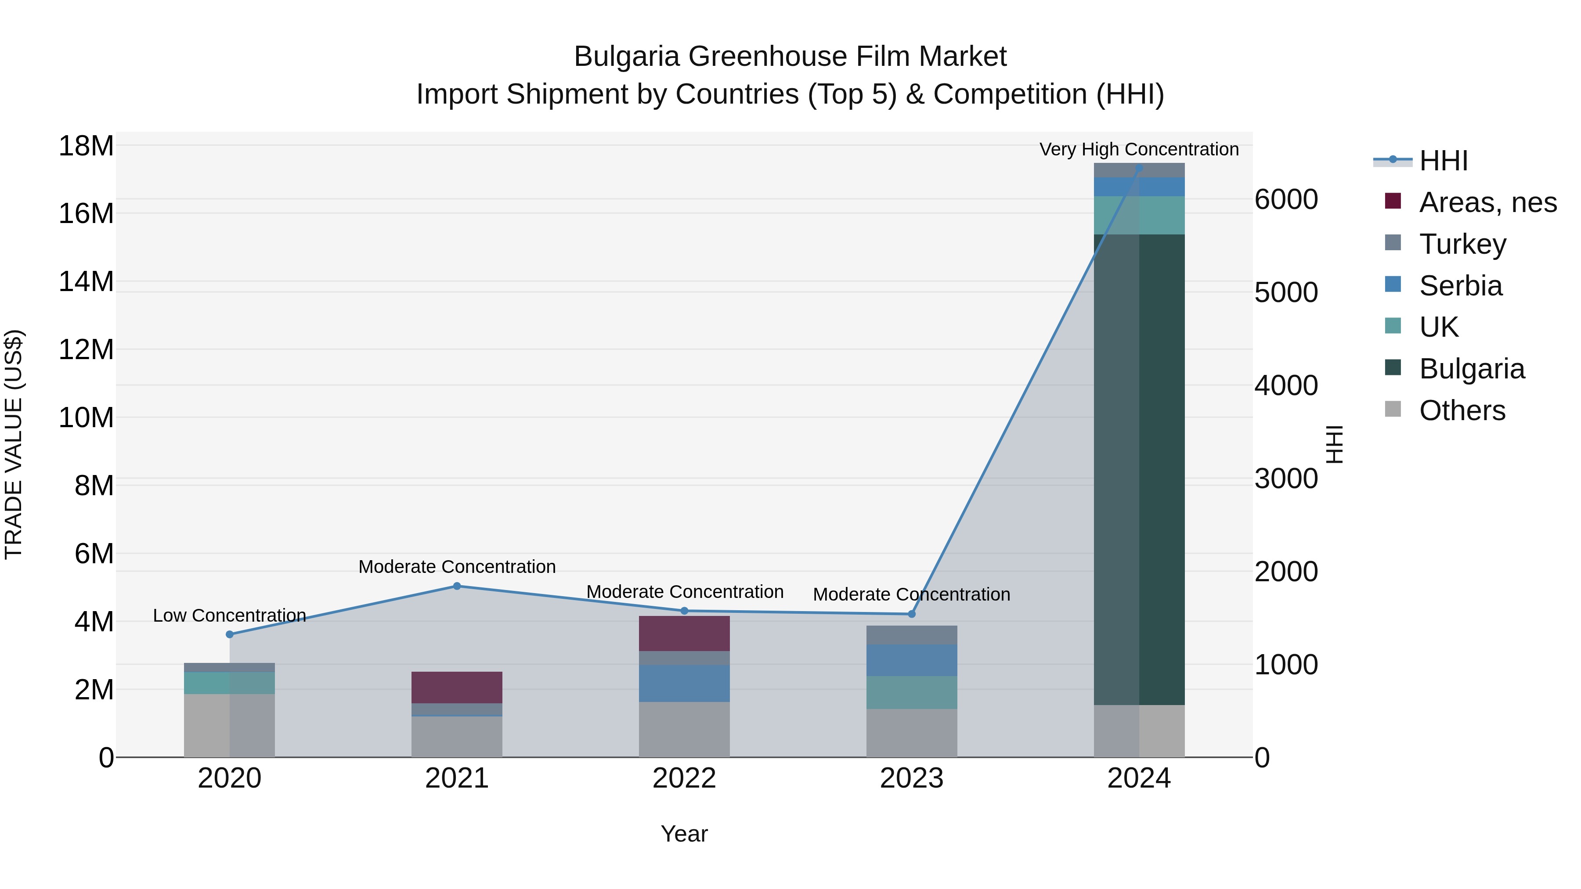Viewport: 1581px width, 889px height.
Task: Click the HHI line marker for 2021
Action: [x=457, y=586]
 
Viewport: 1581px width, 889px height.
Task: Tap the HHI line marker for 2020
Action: [x=230, y=634]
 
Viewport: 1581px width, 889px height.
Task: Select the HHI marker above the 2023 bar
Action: [x=911, y=614]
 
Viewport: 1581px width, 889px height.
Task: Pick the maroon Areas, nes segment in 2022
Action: [x=684, y=633]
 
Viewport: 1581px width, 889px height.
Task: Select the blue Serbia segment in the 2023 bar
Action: [x=911, y=660]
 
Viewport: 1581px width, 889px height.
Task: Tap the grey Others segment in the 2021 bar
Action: [x=457, y=736]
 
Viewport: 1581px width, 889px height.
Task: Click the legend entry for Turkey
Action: [x=1462, y=244]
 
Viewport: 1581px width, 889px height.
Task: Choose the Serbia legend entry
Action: [x=1461, y=286]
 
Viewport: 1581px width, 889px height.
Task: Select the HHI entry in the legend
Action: [x=1442, y=161]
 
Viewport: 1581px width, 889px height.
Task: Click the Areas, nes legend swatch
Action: [x=1393, y=201]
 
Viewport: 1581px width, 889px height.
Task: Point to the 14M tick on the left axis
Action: [x=86, y=281]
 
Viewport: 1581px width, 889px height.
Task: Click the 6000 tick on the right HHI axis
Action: [x=1286, y=199]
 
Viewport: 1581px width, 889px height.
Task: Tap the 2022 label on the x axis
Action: [x=684, y=778]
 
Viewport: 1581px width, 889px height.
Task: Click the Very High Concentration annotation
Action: [x=1139, y=149]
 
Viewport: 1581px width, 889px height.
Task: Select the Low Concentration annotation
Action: [x=230, y=615]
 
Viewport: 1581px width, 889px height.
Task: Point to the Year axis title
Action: [x=684, y=834]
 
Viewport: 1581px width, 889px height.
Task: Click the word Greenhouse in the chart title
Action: [x=769, y=57]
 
